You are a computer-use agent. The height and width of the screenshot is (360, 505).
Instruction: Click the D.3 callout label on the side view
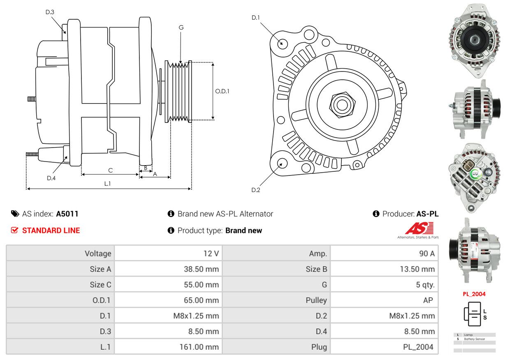(x=50, y=12)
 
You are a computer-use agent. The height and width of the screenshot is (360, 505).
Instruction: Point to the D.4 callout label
(x=51, y=178)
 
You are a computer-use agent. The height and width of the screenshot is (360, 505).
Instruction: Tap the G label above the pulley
(x=181, y=28)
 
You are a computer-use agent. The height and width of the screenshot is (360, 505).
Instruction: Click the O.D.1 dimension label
(x=222, y=91)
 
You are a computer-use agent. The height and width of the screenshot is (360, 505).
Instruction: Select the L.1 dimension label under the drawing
(x=107, y=184)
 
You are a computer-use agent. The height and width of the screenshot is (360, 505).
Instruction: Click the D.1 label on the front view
(x=256, y=17)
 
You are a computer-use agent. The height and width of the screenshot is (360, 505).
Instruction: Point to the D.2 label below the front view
(x=256, y=190)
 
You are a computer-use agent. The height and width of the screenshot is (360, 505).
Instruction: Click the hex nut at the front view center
(x=341, y=104)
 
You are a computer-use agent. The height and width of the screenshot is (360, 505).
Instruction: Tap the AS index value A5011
(x=67, y=214)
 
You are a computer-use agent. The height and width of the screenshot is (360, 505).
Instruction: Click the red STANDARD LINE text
(x=51, y=231)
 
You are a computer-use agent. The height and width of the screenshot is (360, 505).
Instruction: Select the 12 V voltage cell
(x=211, y=254)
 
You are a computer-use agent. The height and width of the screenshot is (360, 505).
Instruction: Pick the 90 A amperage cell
(x=426, y=254)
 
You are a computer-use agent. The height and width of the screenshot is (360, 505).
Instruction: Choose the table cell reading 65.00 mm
(x=201, y=300)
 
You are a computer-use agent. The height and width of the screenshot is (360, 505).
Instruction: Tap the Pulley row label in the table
(x=316, y=300)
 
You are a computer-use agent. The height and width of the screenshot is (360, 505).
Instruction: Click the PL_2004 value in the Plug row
(x=418, y=347)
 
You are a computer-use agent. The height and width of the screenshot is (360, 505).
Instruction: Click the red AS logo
(x=419, y=228)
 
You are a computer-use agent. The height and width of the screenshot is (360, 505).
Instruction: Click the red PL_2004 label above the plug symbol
(x=474, y=294)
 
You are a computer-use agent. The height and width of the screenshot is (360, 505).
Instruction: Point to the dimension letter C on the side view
(x=110, y=170)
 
